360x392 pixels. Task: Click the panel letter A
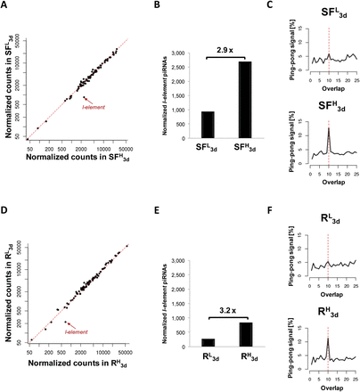tap(5, 6)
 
